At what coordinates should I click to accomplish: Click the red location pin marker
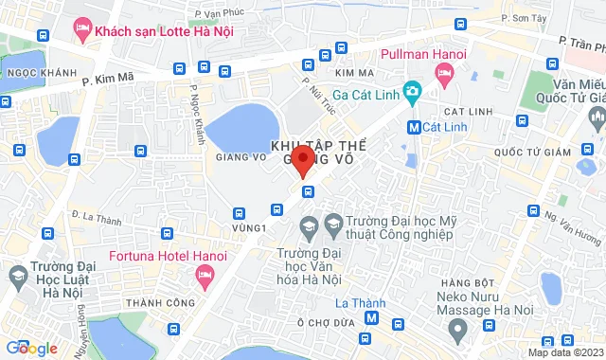[302, 159]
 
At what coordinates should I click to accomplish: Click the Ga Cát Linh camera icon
[411, 92]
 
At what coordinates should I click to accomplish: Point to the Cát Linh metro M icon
[414, 126]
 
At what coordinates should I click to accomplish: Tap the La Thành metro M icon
[371, 318]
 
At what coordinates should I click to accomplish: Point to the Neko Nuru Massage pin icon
[458, 331]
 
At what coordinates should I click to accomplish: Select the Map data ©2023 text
[563, 352]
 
